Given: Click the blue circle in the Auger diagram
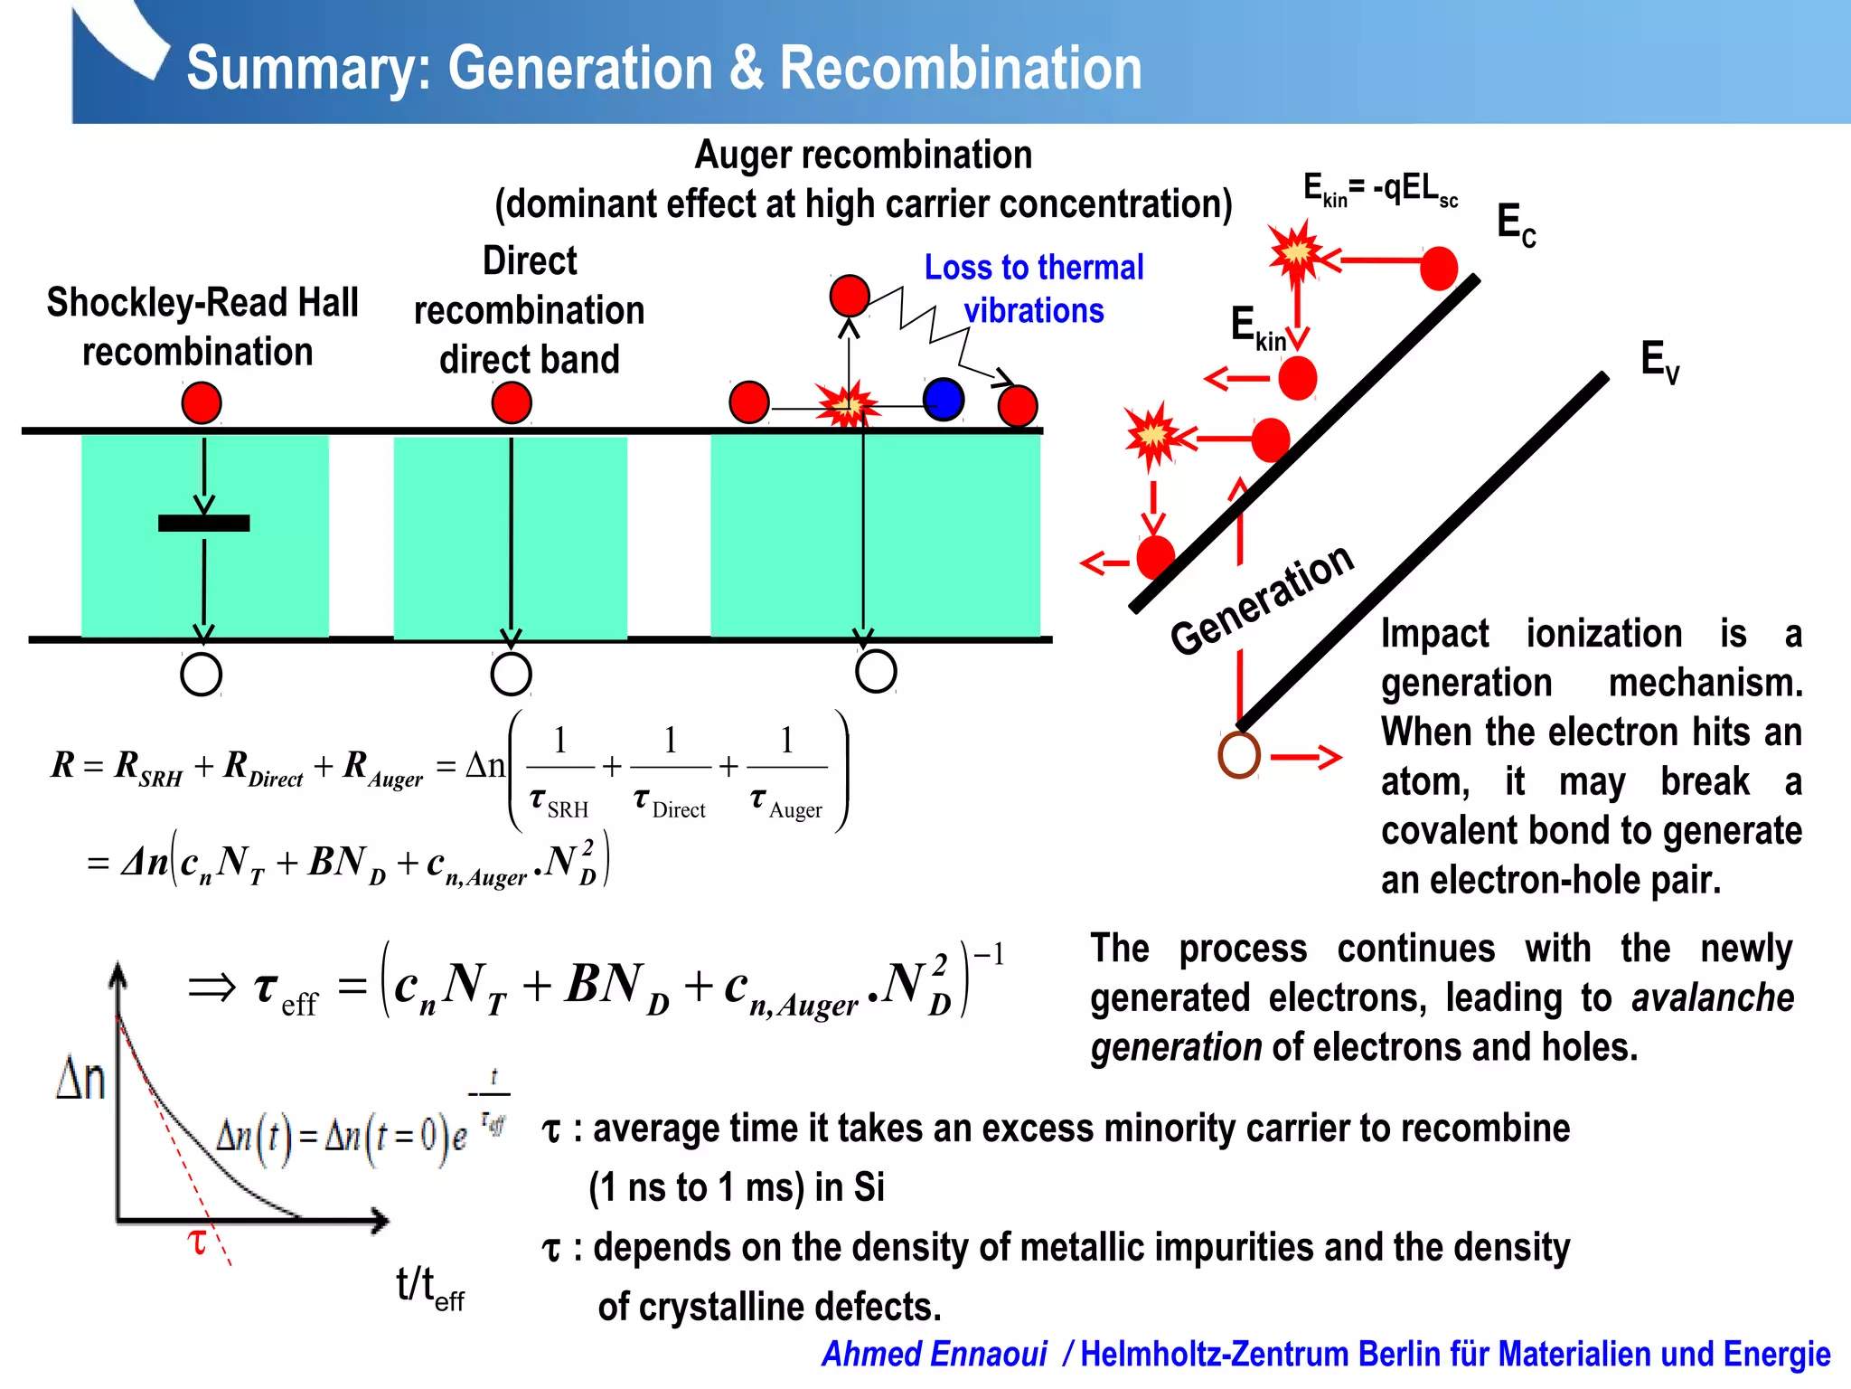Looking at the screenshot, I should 944,400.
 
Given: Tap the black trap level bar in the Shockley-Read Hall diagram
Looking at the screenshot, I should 203,523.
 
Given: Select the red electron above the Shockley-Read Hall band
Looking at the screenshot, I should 202,402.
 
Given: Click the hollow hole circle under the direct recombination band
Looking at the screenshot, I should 511,675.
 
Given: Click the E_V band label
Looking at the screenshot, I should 1659,361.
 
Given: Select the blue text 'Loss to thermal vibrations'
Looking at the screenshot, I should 1034,288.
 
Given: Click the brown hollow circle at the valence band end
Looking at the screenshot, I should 1239,755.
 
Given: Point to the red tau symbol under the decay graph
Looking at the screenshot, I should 197,1242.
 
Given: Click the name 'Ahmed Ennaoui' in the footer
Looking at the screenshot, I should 934,1354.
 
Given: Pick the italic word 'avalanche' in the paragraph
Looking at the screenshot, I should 1712,997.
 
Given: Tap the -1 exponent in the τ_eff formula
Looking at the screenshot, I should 989,955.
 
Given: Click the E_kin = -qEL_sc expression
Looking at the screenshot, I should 1379,190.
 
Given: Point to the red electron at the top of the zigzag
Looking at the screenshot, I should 850,296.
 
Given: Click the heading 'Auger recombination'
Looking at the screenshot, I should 863,155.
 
